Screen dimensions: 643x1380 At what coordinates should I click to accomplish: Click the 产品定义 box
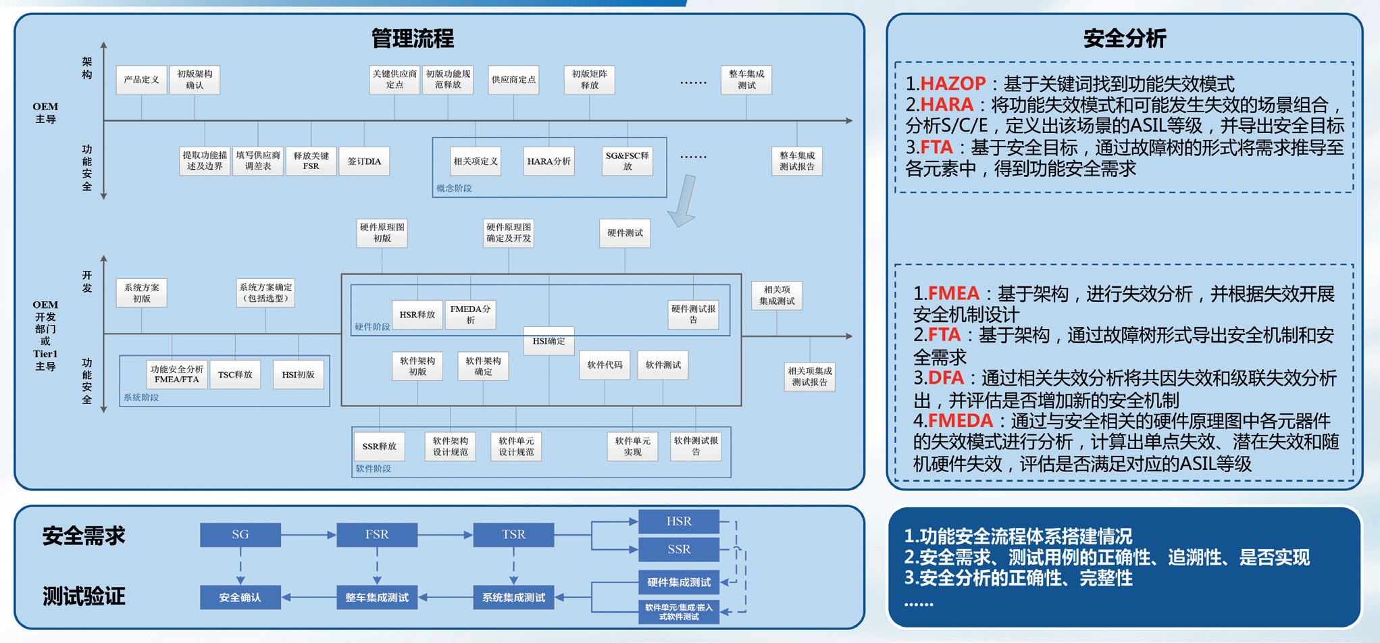pos(141,80)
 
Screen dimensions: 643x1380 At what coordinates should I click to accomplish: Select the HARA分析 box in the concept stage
pos(548,161)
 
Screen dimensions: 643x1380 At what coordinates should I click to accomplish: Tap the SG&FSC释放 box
pos(627,161)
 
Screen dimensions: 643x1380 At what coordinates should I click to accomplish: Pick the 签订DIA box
pos(364,161)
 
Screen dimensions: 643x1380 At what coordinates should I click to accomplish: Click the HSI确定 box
pos(548,341)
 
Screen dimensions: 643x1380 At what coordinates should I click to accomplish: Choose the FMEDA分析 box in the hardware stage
pos(470,315)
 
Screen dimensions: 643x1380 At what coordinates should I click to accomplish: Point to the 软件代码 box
pos(605,365)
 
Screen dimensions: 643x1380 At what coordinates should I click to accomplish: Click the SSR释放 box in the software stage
pos(379,446)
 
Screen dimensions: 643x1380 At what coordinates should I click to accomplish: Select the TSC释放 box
pos(234,375)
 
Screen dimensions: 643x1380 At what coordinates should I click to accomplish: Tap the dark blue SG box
pos(240,534)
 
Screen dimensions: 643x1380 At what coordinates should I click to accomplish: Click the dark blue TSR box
pos(513,534)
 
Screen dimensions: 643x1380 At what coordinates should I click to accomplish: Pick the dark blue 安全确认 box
pos(240,597)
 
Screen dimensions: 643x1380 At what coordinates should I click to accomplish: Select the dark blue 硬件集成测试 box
pos(678,582)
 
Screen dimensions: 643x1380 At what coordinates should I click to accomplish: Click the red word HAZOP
pos(952,84)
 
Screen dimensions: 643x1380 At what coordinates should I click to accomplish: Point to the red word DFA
pos(945,378)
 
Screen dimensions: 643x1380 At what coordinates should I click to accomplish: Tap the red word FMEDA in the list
pos(960,421)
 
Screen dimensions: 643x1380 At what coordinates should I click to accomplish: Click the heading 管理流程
pos(413,38)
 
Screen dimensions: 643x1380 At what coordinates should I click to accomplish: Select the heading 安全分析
pos(1125,38)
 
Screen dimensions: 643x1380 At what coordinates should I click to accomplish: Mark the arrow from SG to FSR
pos(309,535)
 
